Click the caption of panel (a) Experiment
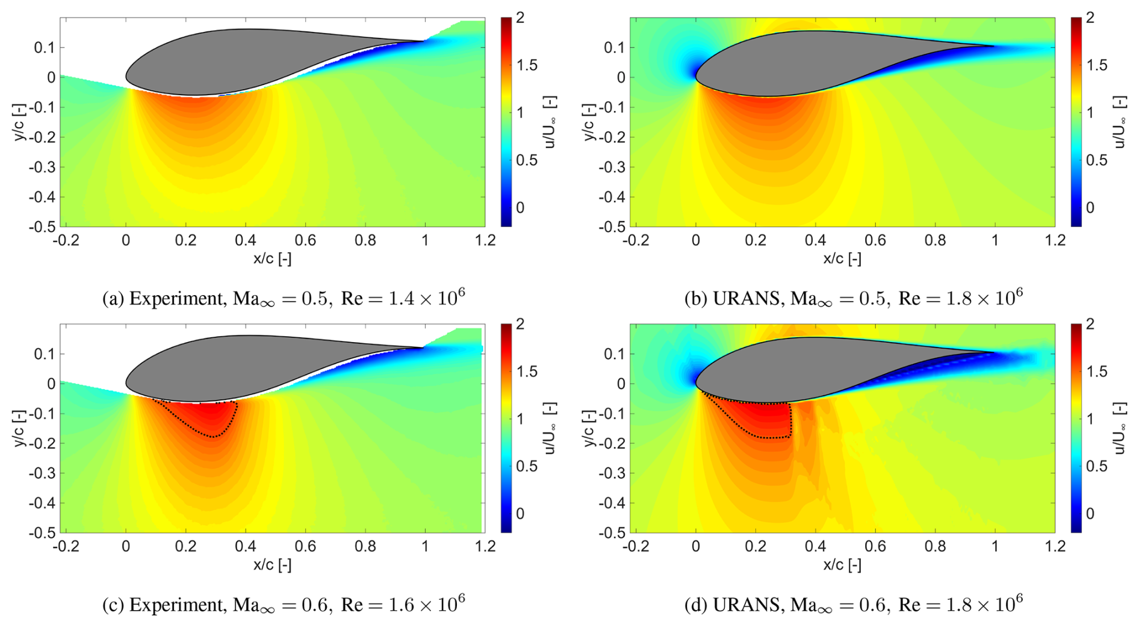click(x=284, y=299)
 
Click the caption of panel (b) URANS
click(x=853, y=299)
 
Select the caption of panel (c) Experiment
click(x=284, y=604)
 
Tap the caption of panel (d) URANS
click(x=853, y=604)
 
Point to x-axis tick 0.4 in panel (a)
click(x=246, y=241)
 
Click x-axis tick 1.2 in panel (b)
click(x=1055, y=241)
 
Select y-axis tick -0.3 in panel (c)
click(x=42, y=473)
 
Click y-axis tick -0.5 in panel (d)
click(x=612, y=533)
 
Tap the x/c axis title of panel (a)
click(x=272, y=259)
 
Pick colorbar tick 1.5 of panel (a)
click(x=527, y=65)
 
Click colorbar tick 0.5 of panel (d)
click(x=1097, y=466)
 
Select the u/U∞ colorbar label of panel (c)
click(x=549, y=428)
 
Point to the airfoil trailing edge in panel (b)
click(x=994, y=46)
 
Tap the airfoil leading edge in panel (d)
click(x=697, y=383)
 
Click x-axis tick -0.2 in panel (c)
click(x=66, y=547)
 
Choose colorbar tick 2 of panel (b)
click(x=1090, y=18)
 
